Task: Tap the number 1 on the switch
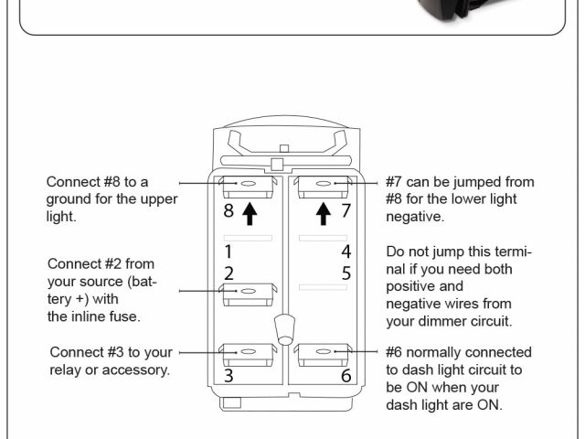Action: coord(229,251)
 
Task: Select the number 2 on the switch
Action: coord(229,273)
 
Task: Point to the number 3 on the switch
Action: coord(229,375)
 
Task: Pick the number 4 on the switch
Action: coord(346,251)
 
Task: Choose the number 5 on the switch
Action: coord(346,273)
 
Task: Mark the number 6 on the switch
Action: coord(346,375)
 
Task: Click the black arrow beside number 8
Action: coord(250,213)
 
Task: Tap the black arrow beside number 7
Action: coord(323,213)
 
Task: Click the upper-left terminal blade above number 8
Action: coord(249,187)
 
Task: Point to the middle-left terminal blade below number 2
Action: coord(249,292)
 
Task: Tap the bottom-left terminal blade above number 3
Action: coord(249,353)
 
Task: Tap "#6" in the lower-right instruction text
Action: coord(398,352)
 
